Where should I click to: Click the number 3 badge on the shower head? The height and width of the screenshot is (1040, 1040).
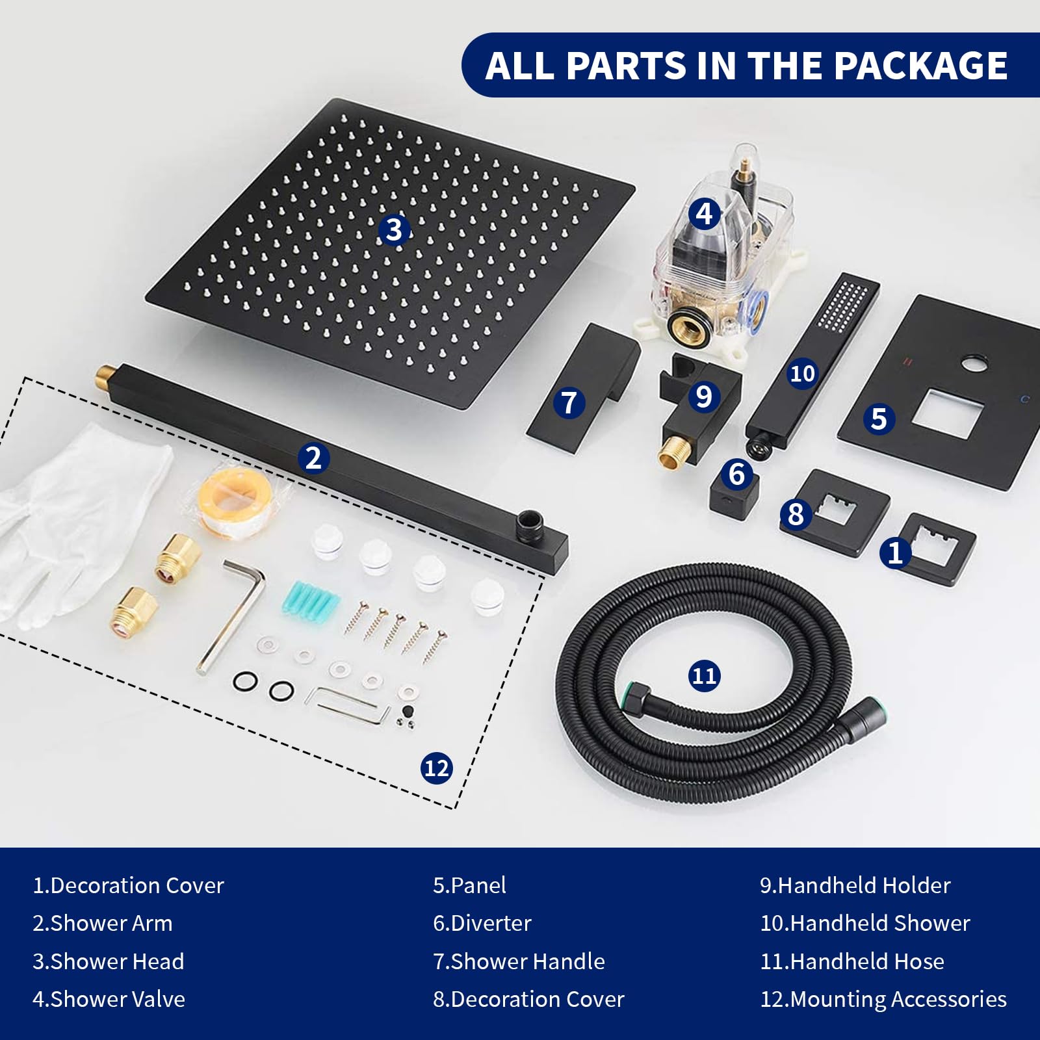tap(394, 229)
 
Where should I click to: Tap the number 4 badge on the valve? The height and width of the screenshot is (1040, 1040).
tap(704, 214)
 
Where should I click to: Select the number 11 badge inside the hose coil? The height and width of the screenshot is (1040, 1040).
tap(704, 676)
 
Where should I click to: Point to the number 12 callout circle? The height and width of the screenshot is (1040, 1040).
tap(436, 768)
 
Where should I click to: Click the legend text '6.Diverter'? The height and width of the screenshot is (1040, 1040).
tap(482, 923)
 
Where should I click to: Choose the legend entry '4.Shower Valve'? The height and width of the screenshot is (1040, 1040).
tap(109, 999)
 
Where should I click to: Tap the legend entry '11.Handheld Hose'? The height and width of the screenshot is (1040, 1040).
tap(852, 961)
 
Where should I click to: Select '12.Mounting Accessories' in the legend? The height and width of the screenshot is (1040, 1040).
tap(883, 999)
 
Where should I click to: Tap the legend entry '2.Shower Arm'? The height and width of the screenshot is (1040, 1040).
tap(103, 923)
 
